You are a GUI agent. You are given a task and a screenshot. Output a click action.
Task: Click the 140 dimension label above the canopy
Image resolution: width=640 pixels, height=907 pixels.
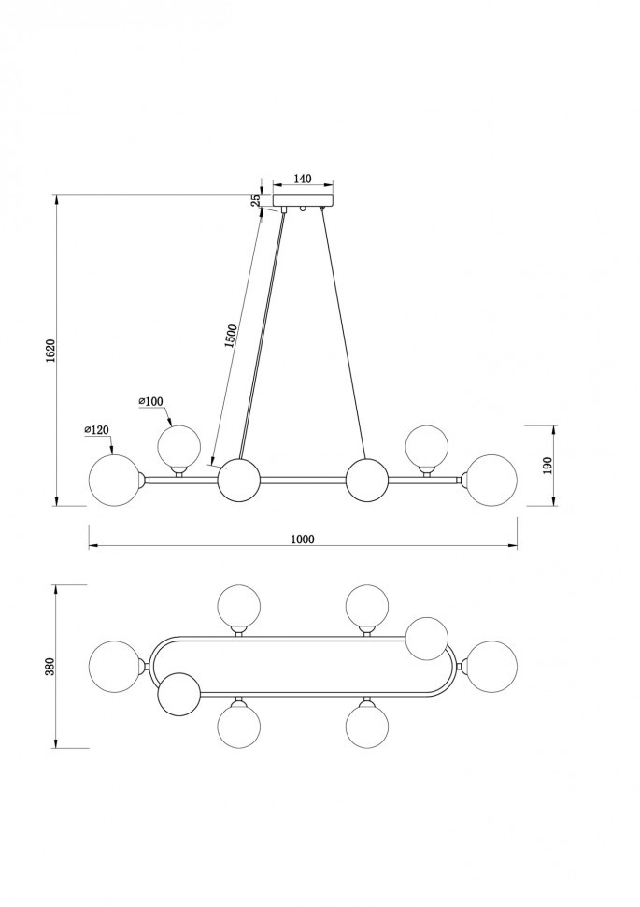click(303, 179)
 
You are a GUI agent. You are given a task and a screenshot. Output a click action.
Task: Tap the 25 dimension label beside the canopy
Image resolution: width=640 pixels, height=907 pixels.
click(256, 201)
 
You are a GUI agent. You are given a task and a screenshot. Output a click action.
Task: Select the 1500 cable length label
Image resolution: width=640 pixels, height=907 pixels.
click(231, 337)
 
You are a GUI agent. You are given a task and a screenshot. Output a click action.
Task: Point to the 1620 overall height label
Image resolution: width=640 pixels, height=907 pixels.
click(50, 351)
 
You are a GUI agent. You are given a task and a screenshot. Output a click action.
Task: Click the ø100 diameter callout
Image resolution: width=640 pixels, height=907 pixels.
click(151, 401)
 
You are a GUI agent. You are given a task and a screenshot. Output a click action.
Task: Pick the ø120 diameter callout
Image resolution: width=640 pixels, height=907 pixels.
click(96, 429)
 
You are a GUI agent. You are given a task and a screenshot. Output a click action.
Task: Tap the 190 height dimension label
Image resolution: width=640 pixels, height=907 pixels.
click(548, 465)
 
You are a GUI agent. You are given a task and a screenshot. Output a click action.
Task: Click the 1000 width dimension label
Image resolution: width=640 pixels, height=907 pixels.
click(303, 540)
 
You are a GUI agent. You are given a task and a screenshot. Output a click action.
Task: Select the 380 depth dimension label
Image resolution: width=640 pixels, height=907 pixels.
click(50, 667)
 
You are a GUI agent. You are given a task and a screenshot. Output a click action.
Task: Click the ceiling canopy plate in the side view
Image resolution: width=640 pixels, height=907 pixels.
click(304, 201)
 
